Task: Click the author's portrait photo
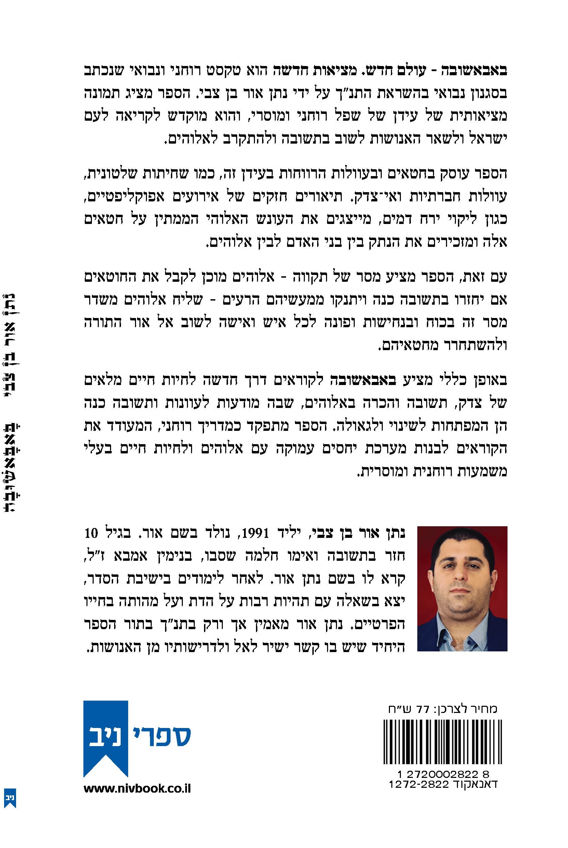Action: (462, 588)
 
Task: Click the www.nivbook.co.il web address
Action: (137, 789)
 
